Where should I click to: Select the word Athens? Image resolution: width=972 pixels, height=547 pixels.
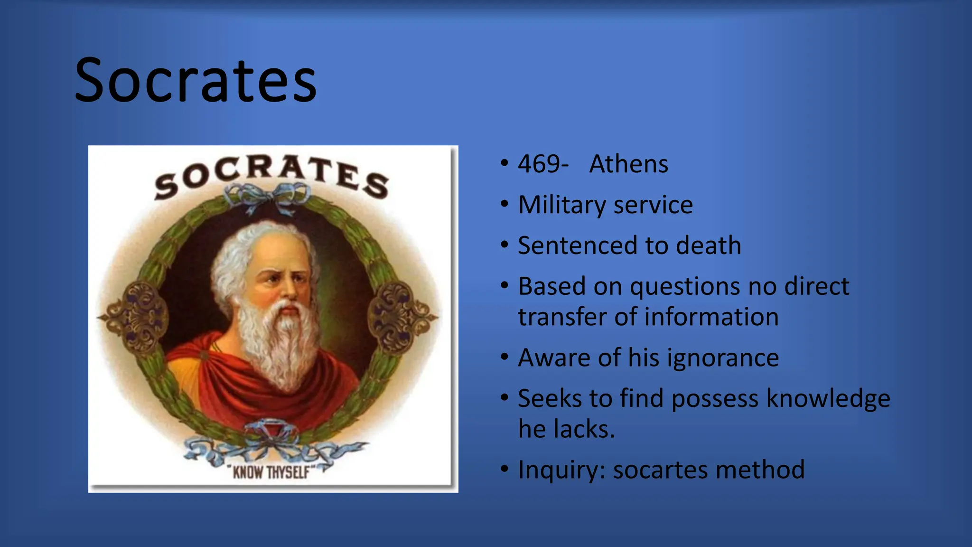pos(628,164)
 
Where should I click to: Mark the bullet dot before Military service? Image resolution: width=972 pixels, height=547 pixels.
pos(504,204)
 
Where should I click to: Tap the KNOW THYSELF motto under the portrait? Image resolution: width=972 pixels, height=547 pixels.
pos(271,472)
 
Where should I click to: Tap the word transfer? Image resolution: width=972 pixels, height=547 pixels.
pos(562,317)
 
